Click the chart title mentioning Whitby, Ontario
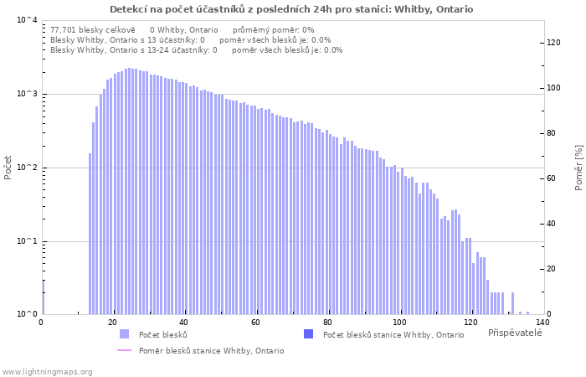click(x=291, y=9)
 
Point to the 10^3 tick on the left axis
click(x=27, y=94)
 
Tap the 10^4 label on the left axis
click(x=27, y=20)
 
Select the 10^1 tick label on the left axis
click(x=27, y=241)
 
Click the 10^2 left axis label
click(x=27, y=168)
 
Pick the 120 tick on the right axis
click(x=553, y=43)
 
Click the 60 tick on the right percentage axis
click(x=551, y=178)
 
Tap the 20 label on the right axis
click(x=551, y=269)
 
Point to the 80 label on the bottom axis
click(x=329, y=323)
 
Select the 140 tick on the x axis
click(x=542, y=323)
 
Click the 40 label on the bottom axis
click(x=183, y=323)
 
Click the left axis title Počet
click(x=8, y=168)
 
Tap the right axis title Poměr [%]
click(x=579, y=168)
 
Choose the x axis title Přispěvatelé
click(x=515, y=333)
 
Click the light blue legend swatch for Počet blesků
click(x=124, y=334)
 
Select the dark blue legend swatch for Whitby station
click(x=308, y=334)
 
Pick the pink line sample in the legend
click(x=124, y=350)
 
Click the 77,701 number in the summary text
click(x=63, y=30)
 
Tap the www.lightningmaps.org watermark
click(x=47, y=372)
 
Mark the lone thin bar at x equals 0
click(x=44, y=297)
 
